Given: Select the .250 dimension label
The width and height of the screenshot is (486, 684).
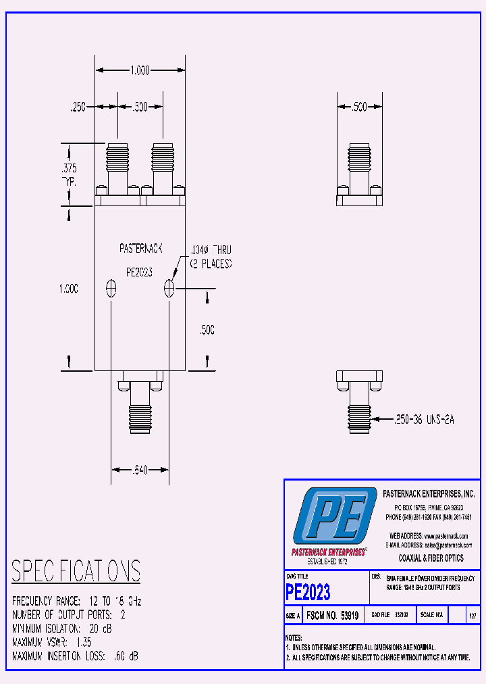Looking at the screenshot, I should (79, 107).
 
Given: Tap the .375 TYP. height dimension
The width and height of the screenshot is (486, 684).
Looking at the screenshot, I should (69, 175).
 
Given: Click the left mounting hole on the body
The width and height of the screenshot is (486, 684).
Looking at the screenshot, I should (112, 289).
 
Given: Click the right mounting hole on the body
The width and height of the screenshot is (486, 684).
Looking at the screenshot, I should (169, 289).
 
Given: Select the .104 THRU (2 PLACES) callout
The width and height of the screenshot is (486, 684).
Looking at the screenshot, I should (210, 257).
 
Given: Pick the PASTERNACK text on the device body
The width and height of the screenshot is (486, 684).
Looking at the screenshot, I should (141, 249).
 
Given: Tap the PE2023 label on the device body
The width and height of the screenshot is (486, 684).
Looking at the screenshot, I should (140, 272).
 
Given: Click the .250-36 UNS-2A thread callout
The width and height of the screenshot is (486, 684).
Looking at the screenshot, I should (425, 420).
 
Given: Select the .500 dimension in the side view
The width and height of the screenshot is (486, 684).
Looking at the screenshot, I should (360, 107).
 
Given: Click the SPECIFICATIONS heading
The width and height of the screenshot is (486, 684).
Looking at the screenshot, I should (76, 572).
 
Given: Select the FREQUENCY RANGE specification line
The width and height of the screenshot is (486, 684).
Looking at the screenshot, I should (77, 601).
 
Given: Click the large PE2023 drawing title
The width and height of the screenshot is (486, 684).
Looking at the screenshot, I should (308, 593).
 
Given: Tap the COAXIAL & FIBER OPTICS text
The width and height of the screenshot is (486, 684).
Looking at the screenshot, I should (431, 558).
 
